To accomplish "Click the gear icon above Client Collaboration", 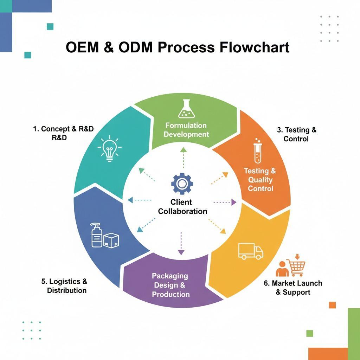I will (182, 184).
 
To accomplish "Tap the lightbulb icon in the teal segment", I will (109, 148).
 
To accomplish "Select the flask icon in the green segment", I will (186, 109).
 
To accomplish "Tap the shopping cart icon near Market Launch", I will (296, 268).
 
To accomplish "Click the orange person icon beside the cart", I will (282, 269).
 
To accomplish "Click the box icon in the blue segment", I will (111, 241).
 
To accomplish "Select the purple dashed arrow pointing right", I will (225, 202).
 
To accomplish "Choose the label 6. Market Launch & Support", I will (293, 288).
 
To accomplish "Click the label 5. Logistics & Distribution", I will (65, 286).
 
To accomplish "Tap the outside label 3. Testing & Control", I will (296, 134).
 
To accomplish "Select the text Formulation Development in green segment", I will (186, 130).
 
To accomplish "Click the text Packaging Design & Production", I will (171, 285).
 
